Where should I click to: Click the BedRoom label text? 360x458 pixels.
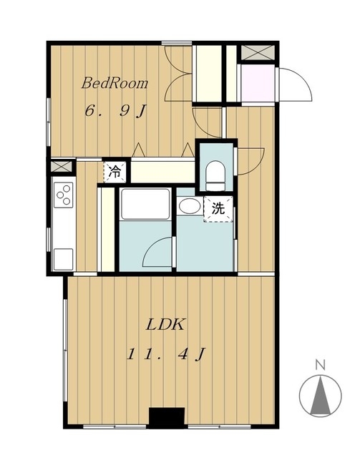tap(115, 83)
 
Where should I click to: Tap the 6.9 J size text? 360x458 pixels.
tap(115, 111)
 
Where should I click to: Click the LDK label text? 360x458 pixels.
tap(165, 324)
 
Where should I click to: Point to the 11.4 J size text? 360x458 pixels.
tap(166, 354)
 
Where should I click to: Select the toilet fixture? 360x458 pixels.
tap(215, 176)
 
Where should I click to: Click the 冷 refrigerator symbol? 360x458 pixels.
tap(115, 172)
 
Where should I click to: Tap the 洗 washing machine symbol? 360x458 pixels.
tap(218, 209)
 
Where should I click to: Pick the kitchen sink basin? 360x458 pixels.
tap(63, 259)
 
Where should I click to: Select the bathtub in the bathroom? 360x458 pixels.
tap(145, 204)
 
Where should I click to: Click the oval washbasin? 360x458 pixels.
tap(190, 207)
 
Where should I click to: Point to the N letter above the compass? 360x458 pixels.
tap(320, 365)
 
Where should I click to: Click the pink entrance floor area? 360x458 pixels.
tap(258, 83)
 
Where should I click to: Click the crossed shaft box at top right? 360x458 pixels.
tap(258, 53)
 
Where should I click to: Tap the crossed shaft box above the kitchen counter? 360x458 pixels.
tap(62, 167)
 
